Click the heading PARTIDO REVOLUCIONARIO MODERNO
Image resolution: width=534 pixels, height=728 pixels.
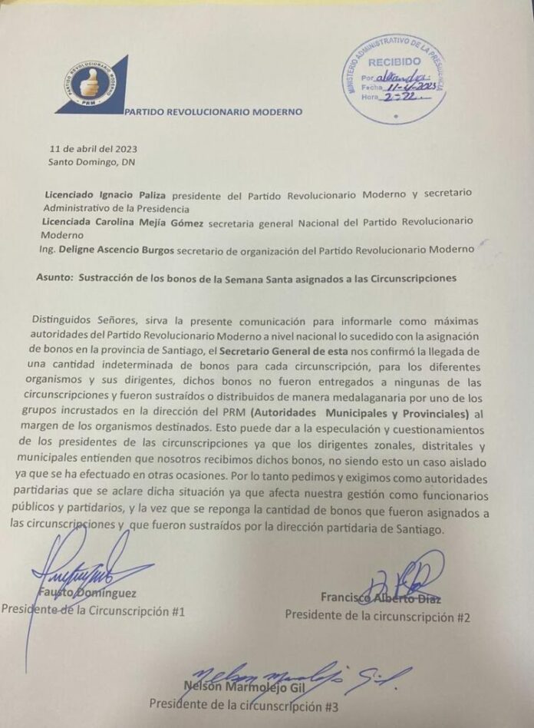[214, 111]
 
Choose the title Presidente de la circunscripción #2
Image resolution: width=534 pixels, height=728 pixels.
[377, 615]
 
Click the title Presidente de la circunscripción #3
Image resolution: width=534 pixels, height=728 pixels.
[244, 703]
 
